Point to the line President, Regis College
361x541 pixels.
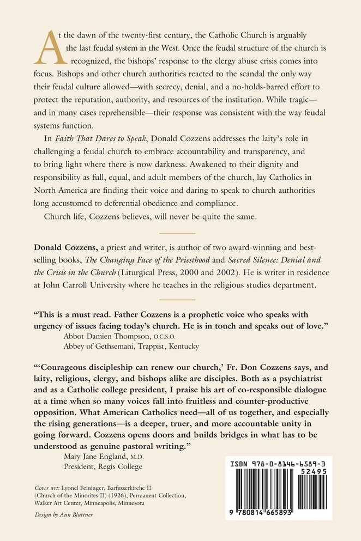tap(103, 466)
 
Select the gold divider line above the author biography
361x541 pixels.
tap(177, 232)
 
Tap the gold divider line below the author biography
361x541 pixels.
tap(177, 299)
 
